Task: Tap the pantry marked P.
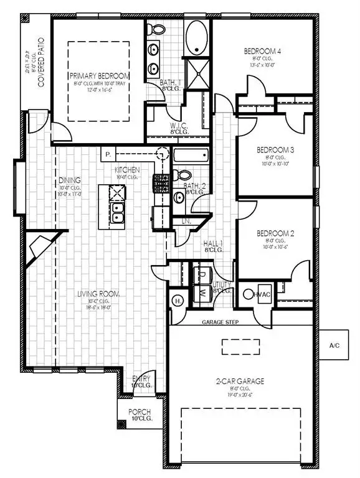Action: pos(107,154)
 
